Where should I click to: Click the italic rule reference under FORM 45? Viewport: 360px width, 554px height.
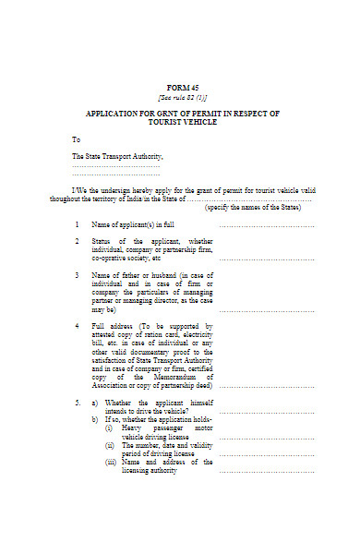182,96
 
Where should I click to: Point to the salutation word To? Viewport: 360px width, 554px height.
77,139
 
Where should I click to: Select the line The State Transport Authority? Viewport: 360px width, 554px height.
114,157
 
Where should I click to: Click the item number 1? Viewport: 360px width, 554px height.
77,224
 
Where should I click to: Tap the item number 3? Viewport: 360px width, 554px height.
77,275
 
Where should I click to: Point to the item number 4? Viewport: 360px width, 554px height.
77,326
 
